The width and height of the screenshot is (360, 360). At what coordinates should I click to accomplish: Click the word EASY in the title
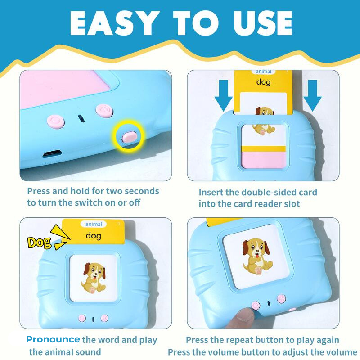(115, 23)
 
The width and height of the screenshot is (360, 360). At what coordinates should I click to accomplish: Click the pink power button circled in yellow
(129, 137)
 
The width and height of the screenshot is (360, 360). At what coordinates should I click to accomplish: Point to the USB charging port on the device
(52, 153)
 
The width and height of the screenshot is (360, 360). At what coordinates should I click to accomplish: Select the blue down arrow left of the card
(223, 95)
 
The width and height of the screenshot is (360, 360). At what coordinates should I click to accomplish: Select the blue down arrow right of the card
(312, 95)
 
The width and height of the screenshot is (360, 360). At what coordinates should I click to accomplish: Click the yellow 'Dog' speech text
(39, 243)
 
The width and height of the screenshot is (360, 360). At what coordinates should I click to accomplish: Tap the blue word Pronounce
(53, 339)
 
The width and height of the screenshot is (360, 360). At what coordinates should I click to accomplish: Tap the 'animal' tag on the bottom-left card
(94, 224)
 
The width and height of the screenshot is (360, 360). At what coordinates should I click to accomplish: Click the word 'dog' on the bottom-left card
(94, 236)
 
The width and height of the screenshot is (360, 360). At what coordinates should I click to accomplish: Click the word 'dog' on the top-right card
(263, 82)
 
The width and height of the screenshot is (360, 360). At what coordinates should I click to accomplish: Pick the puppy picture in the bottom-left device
(94, 278)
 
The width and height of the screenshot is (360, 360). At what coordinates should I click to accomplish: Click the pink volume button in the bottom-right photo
(282, 299)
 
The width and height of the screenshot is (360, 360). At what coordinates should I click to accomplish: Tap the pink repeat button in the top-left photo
(55, 121)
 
